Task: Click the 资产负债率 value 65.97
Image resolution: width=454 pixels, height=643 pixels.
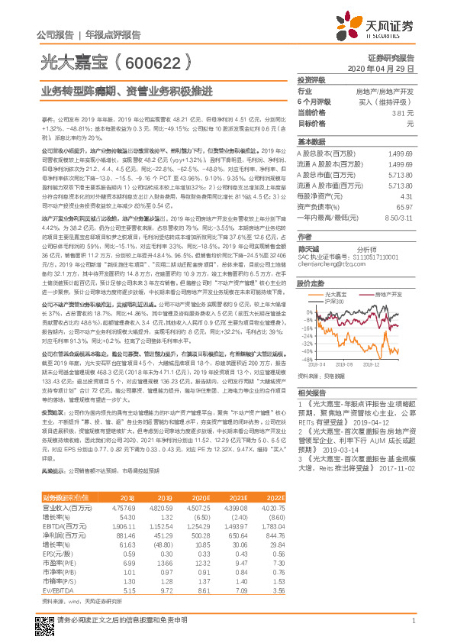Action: coord(406,207)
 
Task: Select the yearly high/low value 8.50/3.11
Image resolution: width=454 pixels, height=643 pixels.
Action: coord(401,218)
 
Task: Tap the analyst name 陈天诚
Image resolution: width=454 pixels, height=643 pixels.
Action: coord(307,250)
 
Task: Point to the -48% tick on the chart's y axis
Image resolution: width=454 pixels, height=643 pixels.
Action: coord(307,358)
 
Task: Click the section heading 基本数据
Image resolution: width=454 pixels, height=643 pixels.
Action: coord(311,142)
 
